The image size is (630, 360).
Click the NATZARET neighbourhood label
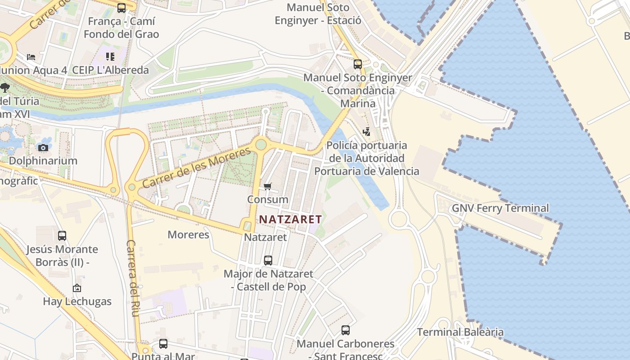click(x=290, y=220)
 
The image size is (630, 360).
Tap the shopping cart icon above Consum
click(x=268, y=186)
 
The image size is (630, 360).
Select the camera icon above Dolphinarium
click(x=43, y=148)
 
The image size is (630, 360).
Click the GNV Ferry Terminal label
click(x=500, y=208)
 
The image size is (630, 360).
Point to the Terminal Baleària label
click(x=460, y=332)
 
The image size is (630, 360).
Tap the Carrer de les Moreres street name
click(x=196, y=167)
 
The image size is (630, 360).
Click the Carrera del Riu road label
click(x=131, y=278)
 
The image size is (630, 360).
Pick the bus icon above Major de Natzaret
click(x=268, y=260)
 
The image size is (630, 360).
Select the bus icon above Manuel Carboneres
click(x=345, y=330)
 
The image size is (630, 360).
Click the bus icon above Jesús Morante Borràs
click(x=62, y=236)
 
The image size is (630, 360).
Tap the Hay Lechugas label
click(x=77, y=301)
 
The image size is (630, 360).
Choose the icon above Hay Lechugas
click(x=77, y=288)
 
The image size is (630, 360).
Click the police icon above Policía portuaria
click(x=367, y=132)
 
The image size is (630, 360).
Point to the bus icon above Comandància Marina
click(x=358, y=64)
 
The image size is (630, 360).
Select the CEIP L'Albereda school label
click(x=110, y=70)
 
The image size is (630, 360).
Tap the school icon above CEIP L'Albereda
click(x=110, y=57)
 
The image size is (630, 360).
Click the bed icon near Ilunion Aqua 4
click(x=31, y=57)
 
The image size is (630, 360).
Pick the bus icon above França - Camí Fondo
click(x=121, y=8)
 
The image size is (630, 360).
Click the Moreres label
click(x=188, y=234)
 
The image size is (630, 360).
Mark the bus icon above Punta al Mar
click(x=163, y=344)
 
